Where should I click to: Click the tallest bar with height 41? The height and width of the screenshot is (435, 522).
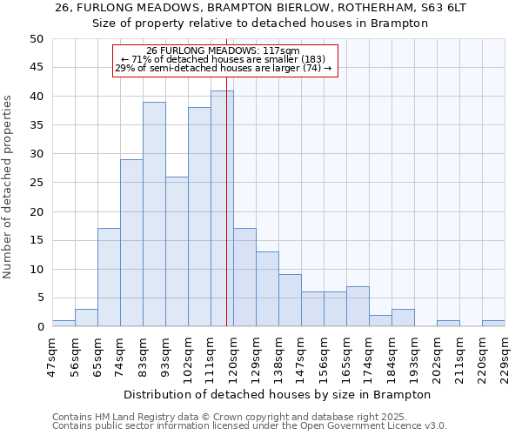pos(222,209)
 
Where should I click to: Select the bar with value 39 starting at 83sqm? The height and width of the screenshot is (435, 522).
pos(154,214)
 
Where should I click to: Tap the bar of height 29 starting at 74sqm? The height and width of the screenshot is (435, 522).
pos(131,243)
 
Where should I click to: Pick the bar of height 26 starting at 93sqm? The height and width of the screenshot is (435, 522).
pos(177,251)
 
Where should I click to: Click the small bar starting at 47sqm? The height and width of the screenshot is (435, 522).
pos(64,324)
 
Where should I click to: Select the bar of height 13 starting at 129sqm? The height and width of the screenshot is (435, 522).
pos(267,289)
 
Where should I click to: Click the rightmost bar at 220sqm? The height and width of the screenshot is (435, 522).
pos(493,324)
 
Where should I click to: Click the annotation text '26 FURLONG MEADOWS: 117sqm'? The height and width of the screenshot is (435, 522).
pos(223,51)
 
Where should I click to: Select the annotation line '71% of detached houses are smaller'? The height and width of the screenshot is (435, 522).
pos(223,59)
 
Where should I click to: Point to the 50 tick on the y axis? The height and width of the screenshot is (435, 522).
pos(37,39)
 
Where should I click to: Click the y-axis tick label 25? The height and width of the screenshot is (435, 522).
pos(37,183)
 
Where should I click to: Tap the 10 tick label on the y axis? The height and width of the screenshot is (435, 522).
pos(37,269)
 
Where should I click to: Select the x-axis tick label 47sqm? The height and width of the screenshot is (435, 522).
pos(52,355)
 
